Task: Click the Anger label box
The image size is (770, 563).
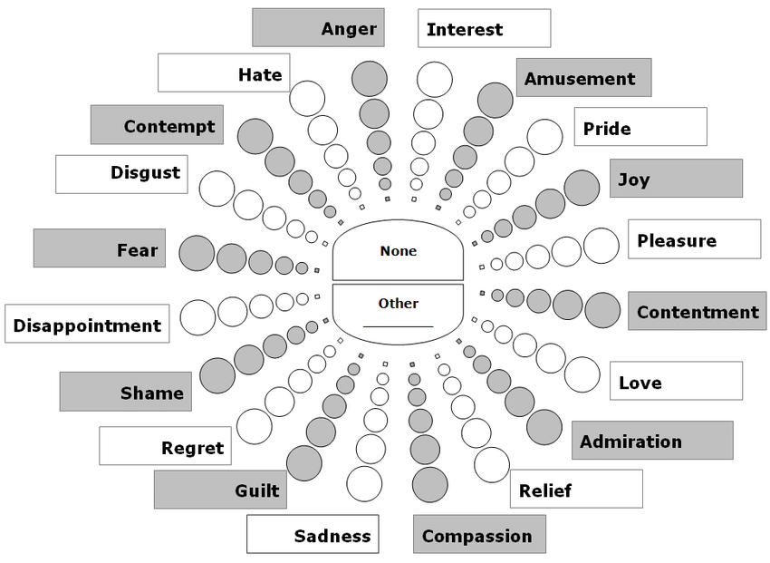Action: [318, 28]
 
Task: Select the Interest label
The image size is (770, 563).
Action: [484, 28]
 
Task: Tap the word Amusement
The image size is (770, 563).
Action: [583, 78]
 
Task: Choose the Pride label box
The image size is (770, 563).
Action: [640, 127]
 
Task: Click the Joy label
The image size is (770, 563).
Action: [676, 179]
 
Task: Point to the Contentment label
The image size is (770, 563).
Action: [697, 312]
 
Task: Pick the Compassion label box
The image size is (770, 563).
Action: [479, 535]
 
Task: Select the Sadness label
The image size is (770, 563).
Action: [313, 535]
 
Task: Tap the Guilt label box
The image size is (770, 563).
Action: [220, 490]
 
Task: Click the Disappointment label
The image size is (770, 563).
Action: [87, 325]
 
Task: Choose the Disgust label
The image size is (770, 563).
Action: [121, 173]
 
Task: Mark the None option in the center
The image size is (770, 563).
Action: [399, 251]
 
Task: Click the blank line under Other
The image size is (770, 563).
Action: [399, 325]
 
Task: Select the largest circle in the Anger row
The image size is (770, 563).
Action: [370, 79]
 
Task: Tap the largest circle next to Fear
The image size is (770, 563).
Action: [196, 253]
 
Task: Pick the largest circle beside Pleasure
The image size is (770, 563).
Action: [601, 246]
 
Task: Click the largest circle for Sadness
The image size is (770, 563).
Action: [364, 483]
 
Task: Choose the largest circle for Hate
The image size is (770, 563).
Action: [306, 98]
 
